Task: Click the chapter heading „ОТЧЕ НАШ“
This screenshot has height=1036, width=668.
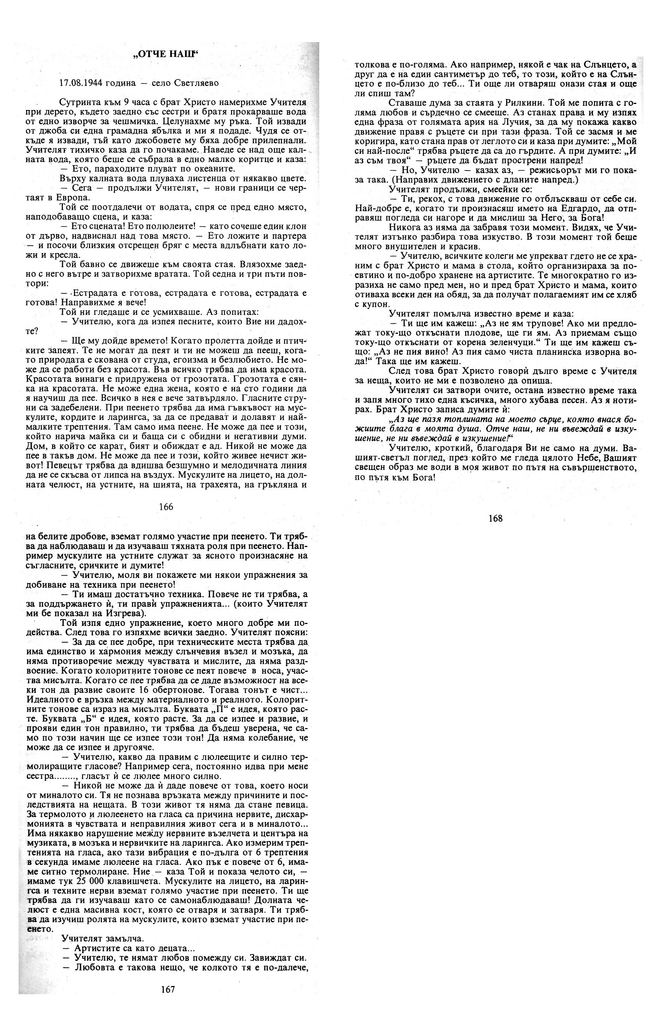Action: tap(166, 54)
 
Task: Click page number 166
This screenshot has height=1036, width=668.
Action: tap(166, 506)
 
